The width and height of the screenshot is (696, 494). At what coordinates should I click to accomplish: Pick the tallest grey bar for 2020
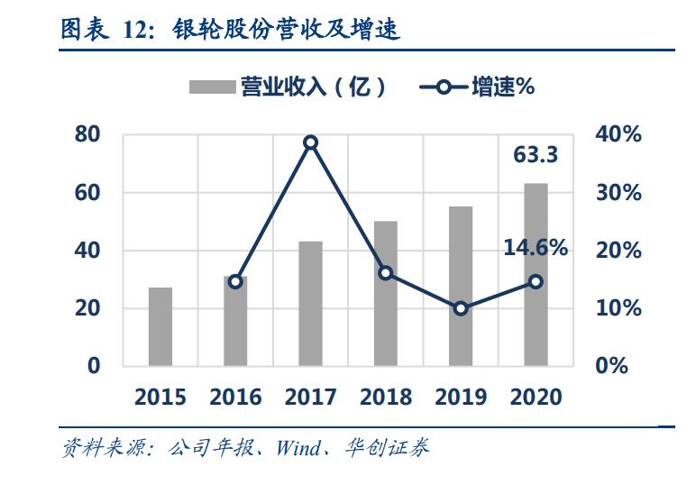click(x=536, y=274)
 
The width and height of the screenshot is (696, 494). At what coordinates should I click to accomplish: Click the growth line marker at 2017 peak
click(x=310, y=142)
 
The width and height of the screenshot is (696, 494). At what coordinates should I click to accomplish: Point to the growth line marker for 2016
click(x=235, y=281)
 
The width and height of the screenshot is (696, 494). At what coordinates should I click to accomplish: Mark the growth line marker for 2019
click(x=461, y=308)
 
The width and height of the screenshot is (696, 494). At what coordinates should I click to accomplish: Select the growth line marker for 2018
click(x=386, y=272)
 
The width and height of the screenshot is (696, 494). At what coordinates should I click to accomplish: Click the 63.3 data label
click(x=536, y=155)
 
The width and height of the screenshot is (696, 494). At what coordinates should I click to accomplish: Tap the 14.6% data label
click(x=536, y=248)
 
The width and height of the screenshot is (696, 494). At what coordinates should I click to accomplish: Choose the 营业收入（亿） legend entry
click(x=288, y=87)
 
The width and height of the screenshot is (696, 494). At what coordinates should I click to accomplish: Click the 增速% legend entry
click(x=478, y=87)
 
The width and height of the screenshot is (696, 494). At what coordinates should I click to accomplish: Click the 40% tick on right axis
click(x=618, y=134)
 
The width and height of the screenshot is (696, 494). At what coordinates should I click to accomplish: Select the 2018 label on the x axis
click(x=386, y=397)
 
